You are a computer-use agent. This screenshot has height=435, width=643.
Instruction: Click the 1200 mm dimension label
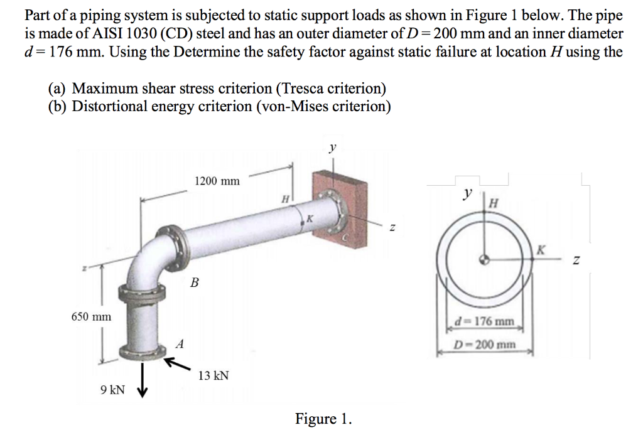point(217,181)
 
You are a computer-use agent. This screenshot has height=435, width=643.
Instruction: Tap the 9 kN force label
point(112,390)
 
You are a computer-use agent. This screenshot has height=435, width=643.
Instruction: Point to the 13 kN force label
point(213,375)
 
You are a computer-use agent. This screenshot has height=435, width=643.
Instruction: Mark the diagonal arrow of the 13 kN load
point(177,363)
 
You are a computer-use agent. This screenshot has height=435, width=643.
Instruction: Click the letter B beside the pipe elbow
point(194,283)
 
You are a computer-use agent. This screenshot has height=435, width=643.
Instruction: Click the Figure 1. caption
point(323,419)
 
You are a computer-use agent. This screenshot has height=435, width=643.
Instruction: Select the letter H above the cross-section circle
point(494,202)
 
